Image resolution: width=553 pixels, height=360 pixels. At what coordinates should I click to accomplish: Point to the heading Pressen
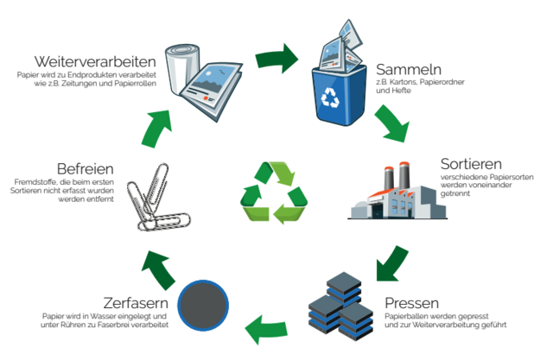pos(412,303)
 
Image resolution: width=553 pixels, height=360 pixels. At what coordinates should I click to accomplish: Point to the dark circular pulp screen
pos(202,303)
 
